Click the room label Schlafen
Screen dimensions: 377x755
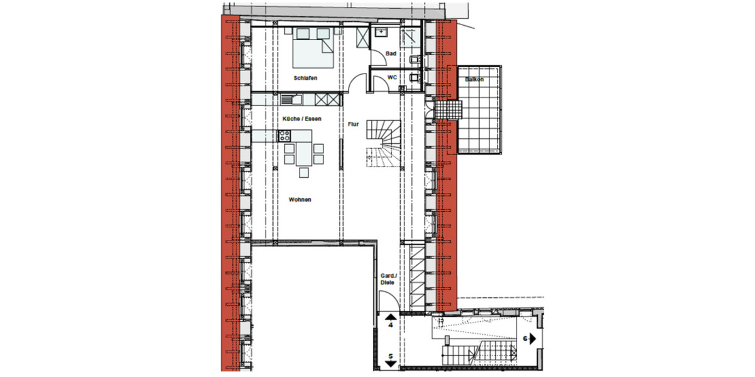(x=305, y=78)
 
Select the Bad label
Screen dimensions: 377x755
(x=391, y=54)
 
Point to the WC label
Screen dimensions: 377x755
(x=391, y=78)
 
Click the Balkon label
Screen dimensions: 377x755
(x=474, y=80)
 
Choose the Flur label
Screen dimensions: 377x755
(x=353, y=124)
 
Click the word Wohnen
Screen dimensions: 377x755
(x=300, y=200)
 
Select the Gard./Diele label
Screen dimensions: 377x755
(x=388, y=279)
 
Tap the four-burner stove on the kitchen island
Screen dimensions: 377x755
(x=284, y=135)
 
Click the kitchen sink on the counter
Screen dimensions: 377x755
(x=292, y=99)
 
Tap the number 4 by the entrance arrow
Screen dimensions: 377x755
(x=391, y=327)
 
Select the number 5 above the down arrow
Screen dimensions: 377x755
(x=391, y=357)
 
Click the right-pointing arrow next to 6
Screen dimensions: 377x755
(x=532, y=338)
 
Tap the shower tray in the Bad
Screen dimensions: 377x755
(x=410, y=36)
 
